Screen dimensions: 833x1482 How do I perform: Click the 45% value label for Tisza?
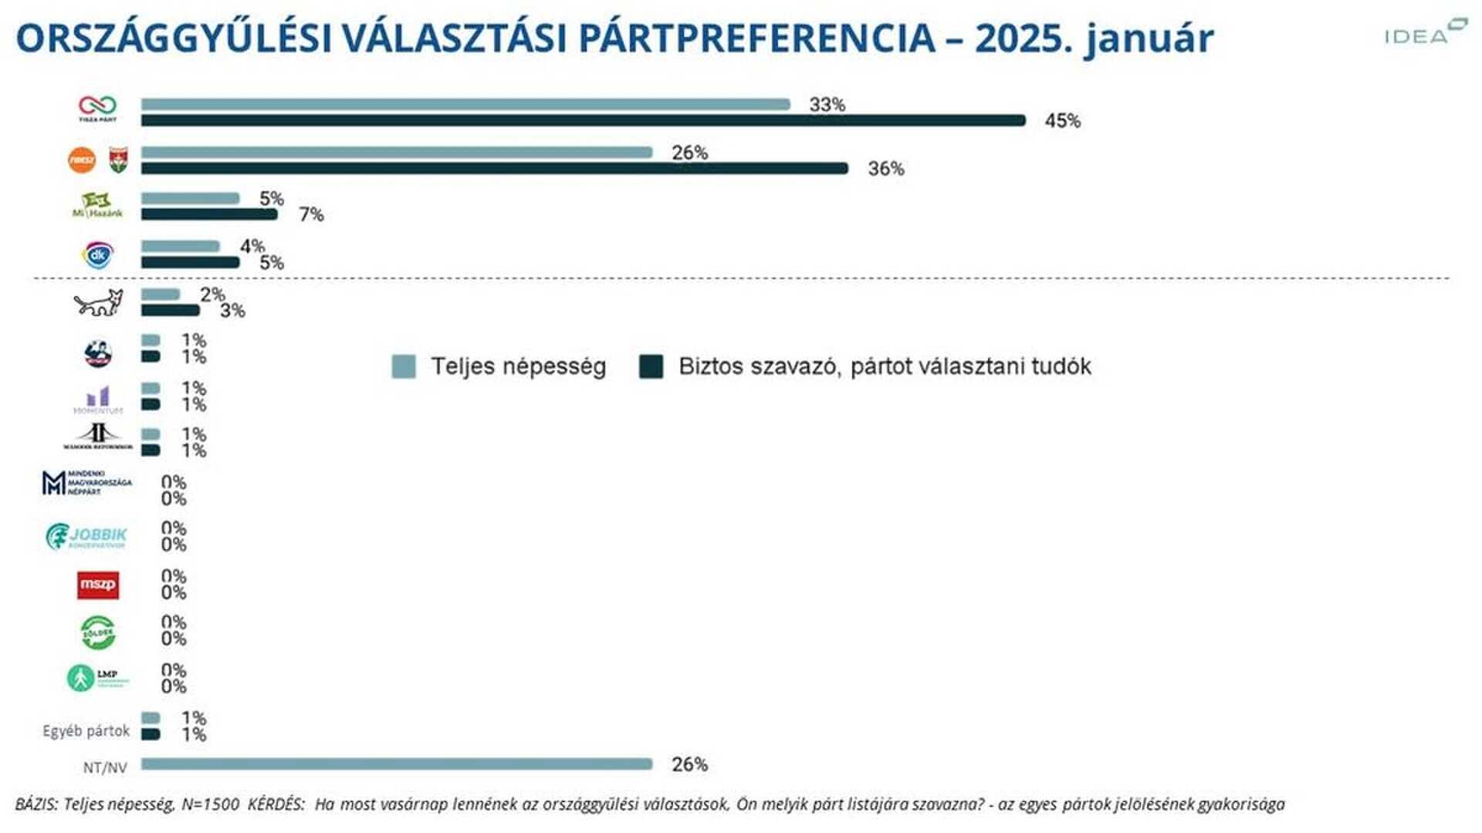click(1062, 121)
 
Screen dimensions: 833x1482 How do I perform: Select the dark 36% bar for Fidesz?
click(494, 168)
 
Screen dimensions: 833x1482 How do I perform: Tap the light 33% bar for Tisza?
click(465, 104)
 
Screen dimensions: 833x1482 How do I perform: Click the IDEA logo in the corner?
click(1424, 33)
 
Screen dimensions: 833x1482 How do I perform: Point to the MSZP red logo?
click(98, 585)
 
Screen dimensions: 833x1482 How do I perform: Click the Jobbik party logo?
click(86, 536)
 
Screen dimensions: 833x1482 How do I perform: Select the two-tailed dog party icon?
click(98, 303)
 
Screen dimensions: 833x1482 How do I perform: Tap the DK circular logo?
click(98, 255)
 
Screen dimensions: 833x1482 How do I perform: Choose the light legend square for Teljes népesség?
click(404, 366)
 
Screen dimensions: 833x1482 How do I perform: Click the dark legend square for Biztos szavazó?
click(651, 366)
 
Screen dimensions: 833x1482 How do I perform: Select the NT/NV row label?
click(105, 767)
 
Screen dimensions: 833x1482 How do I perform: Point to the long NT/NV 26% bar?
click(397, 764)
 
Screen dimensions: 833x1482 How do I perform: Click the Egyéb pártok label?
click(86, 730)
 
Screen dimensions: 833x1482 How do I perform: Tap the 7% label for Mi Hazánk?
click(311, 214)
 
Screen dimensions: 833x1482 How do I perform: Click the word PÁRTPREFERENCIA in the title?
click(756, 39)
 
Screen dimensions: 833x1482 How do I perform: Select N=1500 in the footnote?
click(210, 804)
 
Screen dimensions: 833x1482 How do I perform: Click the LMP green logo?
click(96, 678)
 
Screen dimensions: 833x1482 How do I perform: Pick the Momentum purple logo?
click(98, 400)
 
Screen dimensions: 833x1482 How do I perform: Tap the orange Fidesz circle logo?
click(82, 160)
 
